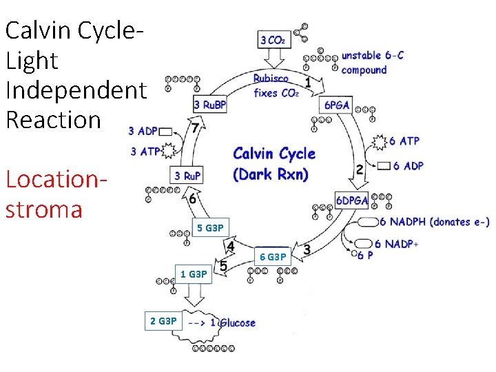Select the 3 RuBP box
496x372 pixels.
pos(211,105)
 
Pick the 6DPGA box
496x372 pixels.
pos(351,200)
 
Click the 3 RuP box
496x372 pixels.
pos(188,176)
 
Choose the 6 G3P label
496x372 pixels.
pos(272,257)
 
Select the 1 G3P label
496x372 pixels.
pos(194,274)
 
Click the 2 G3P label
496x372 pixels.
pos(164,320)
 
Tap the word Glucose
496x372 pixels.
pos(237,322)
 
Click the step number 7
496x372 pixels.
pos(196,128)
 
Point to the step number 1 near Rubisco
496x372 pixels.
pos(307,82)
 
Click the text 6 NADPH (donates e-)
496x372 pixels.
pos(434,221)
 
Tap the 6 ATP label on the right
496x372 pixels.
pos(404,141)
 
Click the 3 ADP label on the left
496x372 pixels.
pos(143,131)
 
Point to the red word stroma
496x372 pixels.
pos(43,209)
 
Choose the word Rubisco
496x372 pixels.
pos(271,79)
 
